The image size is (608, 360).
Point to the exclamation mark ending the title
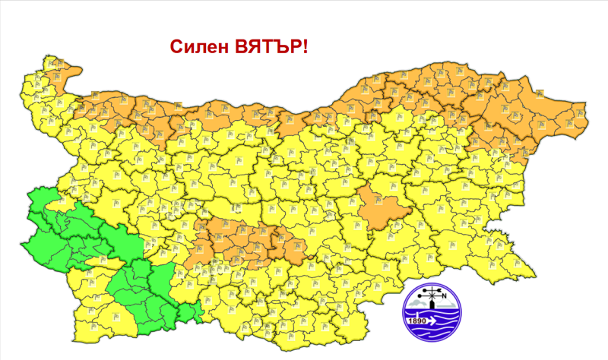click(305, 47)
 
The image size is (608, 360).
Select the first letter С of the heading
click(176, 47)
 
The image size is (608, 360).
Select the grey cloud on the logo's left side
click(416, 304)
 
